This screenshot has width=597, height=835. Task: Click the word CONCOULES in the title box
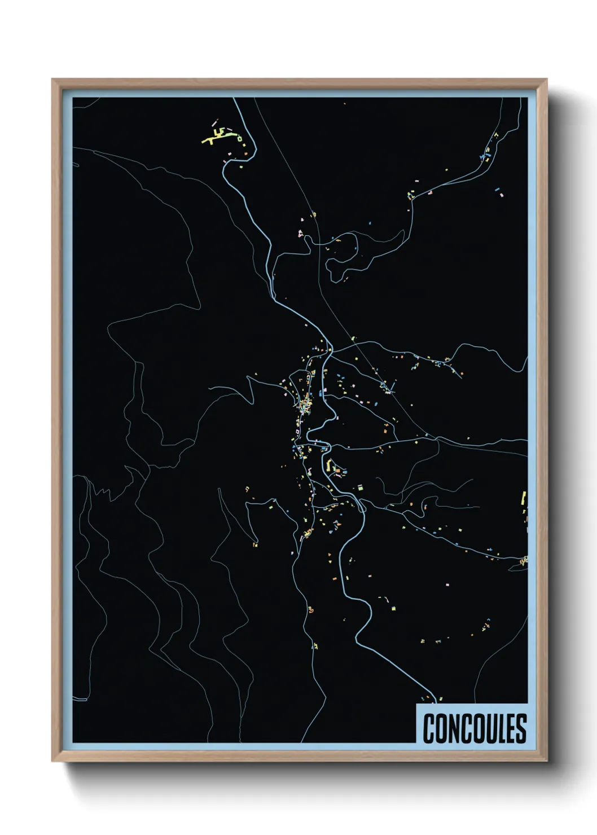click(475, 728)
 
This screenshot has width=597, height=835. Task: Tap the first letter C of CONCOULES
click(429, 728)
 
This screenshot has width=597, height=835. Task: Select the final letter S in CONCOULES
click(521, 728)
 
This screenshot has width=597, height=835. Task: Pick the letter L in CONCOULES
click(499, 728)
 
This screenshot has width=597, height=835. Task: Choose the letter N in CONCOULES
click(453, 728)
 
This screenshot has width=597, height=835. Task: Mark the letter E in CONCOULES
click(510, 728)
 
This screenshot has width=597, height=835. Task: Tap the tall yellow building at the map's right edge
click(523, 499)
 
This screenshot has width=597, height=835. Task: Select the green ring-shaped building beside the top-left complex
click(239, 138)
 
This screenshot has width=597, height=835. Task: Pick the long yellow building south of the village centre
click(328, 465)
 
